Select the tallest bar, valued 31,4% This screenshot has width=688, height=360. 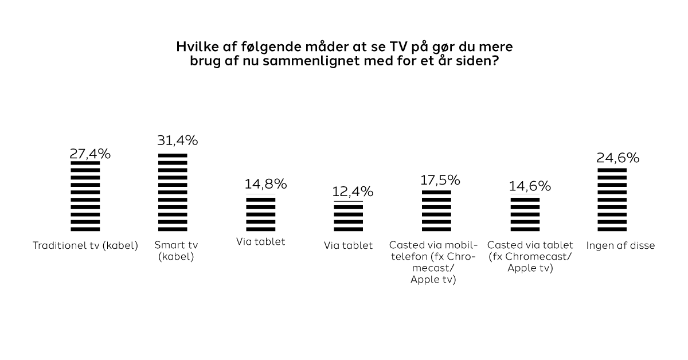(173, 192)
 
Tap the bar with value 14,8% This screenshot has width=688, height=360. (261, 213)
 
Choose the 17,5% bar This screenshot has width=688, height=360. (436, 210)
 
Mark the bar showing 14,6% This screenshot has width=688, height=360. (525, 213)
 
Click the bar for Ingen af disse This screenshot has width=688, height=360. (612, 199)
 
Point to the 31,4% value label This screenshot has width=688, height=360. (178, 140)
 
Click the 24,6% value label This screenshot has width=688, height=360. (618, 158)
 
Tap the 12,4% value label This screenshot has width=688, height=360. (353, 191)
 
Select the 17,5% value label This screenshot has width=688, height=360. (440, 179)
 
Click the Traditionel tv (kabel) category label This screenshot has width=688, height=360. (85, 246)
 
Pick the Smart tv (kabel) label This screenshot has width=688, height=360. (176, 251)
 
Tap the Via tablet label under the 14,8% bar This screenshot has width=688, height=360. (261, 242)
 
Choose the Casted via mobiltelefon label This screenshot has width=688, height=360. (433, 263)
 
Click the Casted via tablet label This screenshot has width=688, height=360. (530, 256)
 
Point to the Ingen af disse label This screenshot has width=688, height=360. (620, 246)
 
